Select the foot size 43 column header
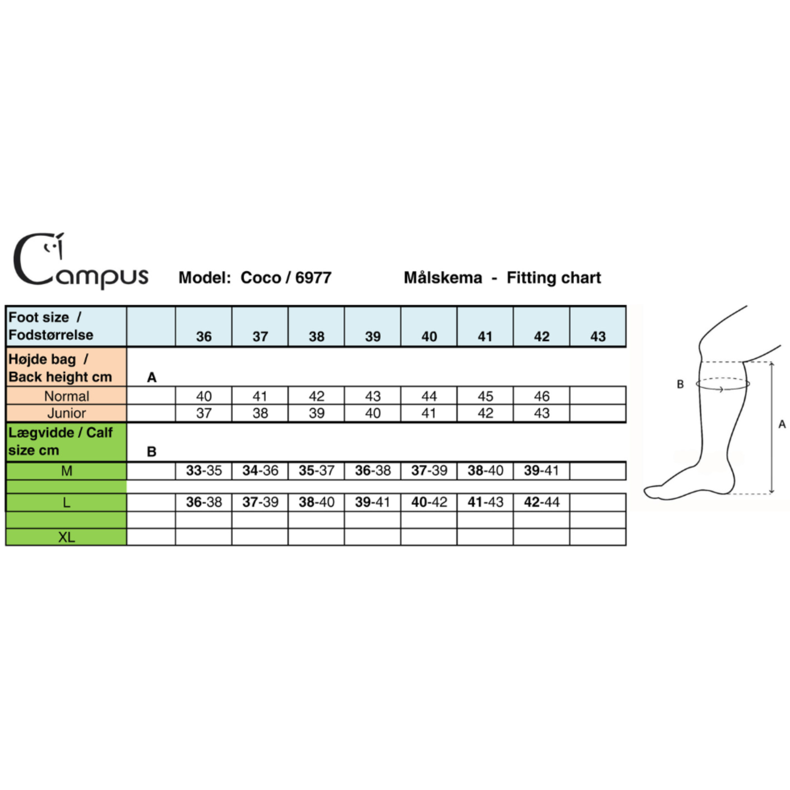(x=598, y=337)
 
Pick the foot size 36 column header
(x=204, y=337)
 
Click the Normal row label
(x=67, y=396)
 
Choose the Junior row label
(x=67, y=413)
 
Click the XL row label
(x=67, y=537)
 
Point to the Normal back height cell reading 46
(x=541, y=396)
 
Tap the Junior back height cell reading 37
(x=204, y=413)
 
